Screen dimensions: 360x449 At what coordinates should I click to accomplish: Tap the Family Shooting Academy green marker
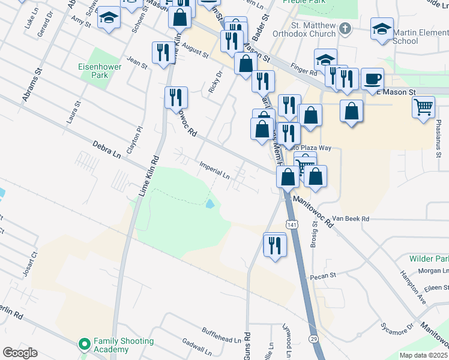pos(84,345)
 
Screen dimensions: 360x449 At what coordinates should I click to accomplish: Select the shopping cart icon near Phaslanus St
pos(423,107)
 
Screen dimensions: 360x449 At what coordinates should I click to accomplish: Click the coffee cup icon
pos(372,79)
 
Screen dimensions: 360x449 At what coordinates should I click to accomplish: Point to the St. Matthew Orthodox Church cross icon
pos(345,28)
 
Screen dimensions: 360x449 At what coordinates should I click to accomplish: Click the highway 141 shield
pos(292,224)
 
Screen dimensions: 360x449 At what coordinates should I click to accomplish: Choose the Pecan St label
pos(322,277)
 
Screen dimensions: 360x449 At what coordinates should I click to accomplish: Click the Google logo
pos(20,353)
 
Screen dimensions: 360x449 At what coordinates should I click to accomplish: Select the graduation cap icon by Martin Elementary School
pos(382,29)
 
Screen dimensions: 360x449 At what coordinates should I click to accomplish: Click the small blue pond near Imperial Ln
pos(209,204)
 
